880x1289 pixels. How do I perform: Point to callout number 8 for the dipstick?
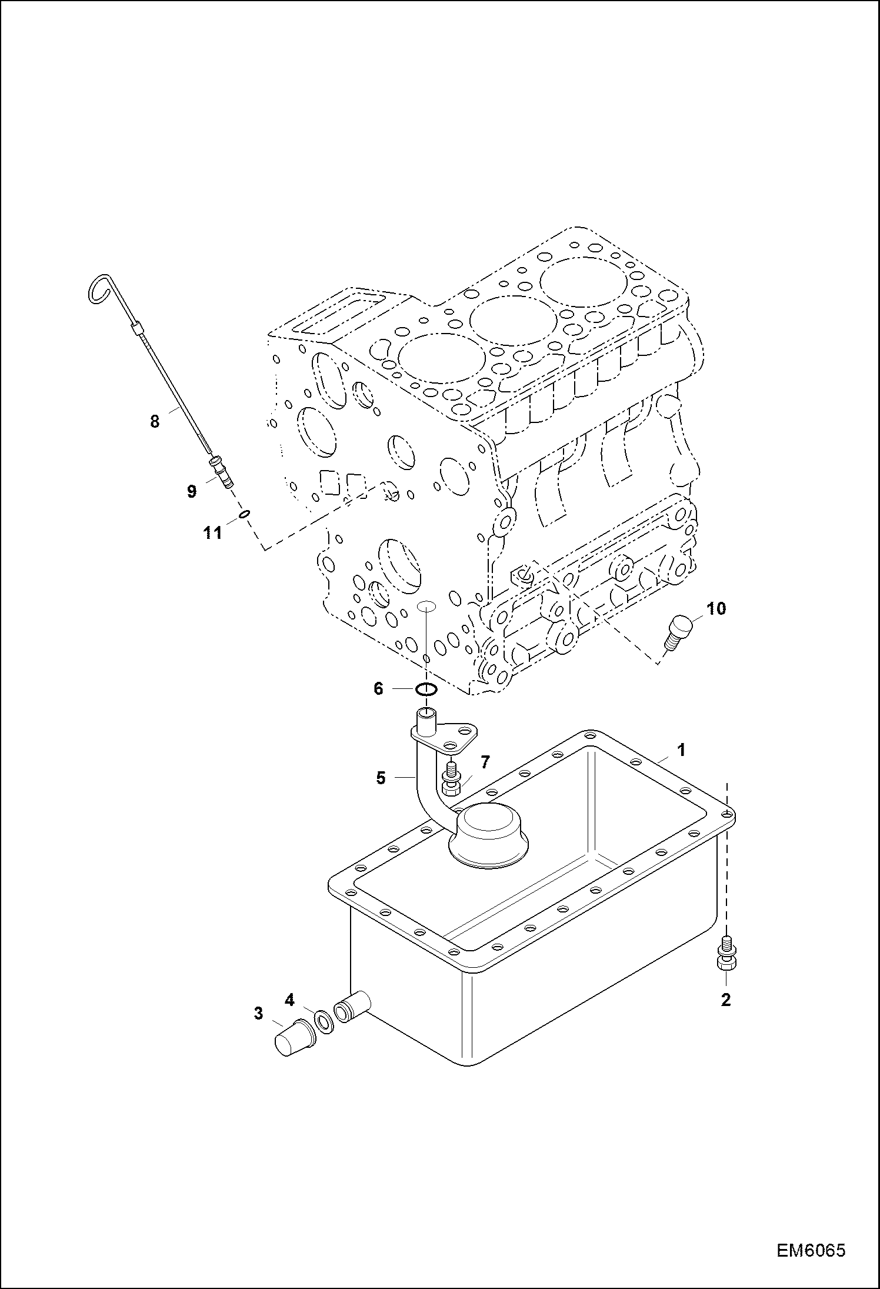154,421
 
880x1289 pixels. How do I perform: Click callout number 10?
716,609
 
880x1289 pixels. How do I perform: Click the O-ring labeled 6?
426,688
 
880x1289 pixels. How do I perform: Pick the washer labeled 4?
323,1022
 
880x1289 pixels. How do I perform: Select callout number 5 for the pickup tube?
381,778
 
